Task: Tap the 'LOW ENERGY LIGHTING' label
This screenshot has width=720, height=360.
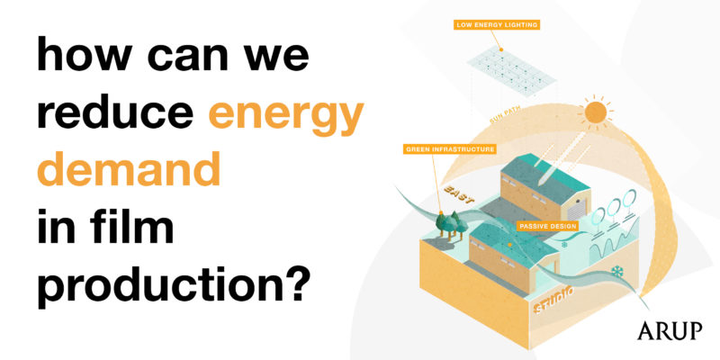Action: [x=499, y=24]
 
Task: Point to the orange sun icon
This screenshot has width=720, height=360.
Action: [x=594, y=112]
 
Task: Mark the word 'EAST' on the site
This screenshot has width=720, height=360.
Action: [x=459, y=192]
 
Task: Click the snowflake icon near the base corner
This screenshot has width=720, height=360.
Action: [x=616, y=271]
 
